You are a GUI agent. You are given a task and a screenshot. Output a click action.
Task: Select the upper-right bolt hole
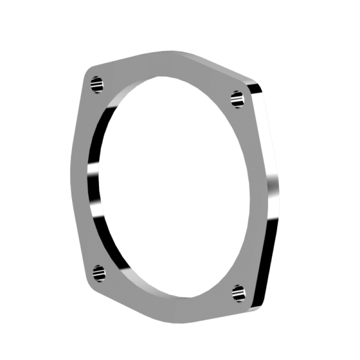(x=237, y=98)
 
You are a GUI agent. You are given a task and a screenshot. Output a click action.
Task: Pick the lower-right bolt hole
(x=238, y=292)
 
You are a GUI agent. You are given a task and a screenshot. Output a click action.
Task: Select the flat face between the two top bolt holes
(x=166, y=67)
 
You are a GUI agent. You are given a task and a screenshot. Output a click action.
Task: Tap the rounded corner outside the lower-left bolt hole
(x=89, y=280)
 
